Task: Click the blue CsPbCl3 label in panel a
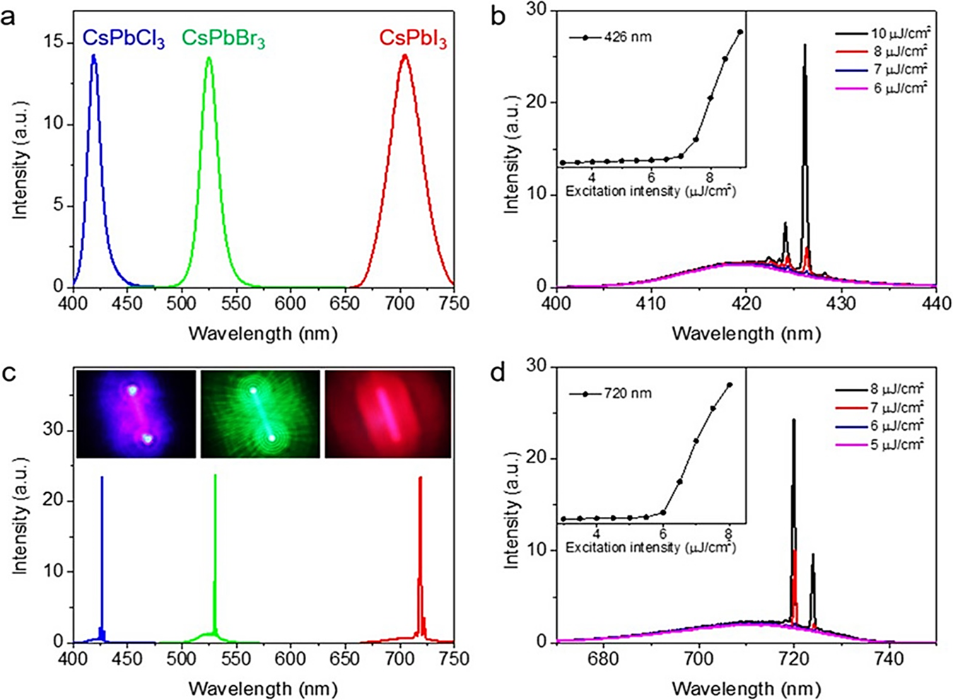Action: click(124, 39)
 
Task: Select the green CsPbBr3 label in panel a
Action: click(223, 39)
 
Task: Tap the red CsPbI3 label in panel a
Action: click(413, 39)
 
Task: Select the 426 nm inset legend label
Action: click(628, 37)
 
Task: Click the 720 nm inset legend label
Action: click(628, 393)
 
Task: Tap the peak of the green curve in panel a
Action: click(209, 58)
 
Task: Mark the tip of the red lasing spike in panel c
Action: click(421, 477)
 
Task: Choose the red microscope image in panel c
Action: click(387, 414)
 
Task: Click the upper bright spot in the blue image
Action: click(131, 390)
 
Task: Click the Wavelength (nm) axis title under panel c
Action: click(263, 687)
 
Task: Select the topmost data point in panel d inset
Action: click(730, 385)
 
